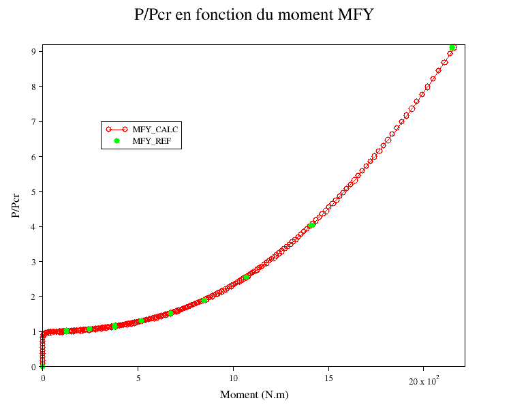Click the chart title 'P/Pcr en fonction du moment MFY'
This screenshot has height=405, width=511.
(254, 14)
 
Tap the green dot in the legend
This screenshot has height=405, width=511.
(117, 141)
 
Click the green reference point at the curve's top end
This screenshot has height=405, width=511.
(452, 48)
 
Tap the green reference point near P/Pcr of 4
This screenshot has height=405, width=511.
(311, 225)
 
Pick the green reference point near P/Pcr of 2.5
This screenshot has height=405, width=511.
(246, 277)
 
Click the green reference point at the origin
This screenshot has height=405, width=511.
(42, 367)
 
